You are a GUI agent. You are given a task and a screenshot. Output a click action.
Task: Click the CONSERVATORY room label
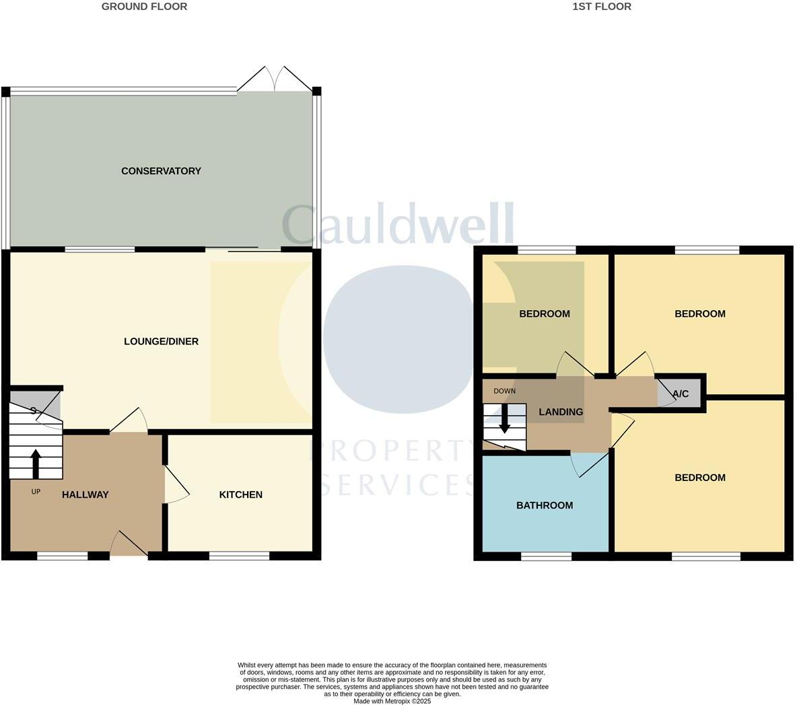click(161, 171)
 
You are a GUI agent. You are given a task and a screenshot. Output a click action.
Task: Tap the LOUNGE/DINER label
click(161, 341)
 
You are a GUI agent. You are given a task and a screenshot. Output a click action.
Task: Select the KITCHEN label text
click(241, 494)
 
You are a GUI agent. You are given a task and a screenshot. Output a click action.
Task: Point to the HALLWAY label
click(85, 494)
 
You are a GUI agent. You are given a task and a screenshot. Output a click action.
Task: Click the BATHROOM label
click(545, 505)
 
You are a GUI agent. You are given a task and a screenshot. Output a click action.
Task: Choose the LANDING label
click(561, 412)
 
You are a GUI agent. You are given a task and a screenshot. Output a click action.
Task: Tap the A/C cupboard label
click(681, 394)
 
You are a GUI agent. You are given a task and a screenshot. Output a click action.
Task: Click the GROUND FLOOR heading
click(144, 7)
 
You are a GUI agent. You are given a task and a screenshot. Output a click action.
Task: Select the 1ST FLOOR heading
click(602, 7)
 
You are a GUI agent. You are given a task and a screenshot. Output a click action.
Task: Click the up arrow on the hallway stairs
click(36, 463)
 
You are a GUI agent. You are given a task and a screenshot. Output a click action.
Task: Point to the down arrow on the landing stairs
click(504, 420)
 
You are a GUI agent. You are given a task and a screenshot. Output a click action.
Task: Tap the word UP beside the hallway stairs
click(36, 492)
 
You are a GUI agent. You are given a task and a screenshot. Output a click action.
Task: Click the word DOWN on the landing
click(504, 391)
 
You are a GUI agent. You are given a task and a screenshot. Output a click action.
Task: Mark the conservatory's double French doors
click(275, 79)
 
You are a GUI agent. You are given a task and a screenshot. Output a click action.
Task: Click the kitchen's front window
click(239, 556)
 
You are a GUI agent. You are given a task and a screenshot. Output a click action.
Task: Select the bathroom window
click(546, 556)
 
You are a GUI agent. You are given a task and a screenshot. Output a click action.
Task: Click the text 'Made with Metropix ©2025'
click(392, 701)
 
